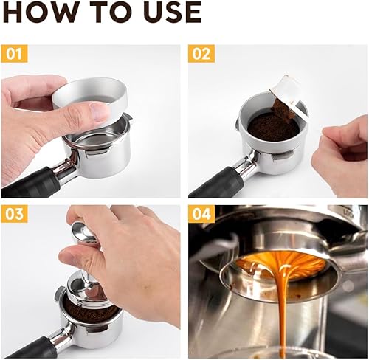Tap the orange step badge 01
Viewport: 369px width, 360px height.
pyautogui.click(x=15, y=54)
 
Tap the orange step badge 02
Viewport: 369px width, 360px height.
pyautogui.click(x=201, y=54)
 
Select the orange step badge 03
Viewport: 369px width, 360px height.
pyautogui.click(x=15, y=215)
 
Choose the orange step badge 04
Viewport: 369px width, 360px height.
pyautogui.click(x=201, y=215)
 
